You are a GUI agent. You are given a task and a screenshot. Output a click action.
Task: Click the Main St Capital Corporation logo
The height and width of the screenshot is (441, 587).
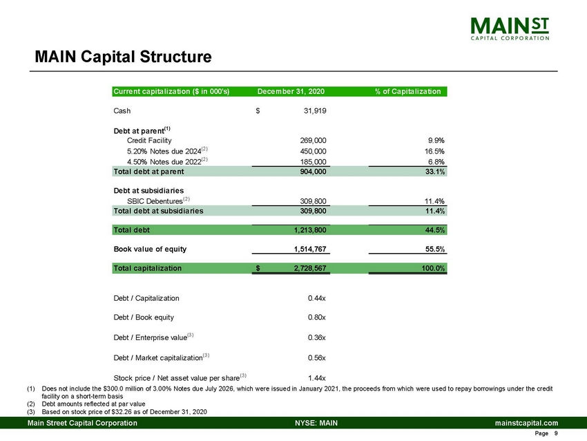point(511,28)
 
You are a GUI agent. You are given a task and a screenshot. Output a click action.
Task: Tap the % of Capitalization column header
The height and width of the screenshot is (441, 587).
point(407,91)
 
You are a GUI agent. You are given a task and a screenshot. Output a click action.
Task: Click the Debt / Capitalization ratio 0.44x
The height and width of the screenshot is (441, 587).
point(316,298)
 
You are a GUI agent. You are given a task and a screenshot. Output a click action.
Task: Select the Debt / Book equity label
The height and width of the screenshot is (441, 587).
point(143,317)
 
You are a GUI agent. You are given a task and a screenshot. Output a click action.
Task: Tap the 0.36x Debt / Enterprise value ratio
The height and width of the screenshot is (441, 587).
point(316,337)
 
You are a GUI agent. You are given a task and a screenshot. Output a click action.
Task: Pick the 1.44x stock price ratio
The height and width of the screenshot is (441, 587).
point(316,377)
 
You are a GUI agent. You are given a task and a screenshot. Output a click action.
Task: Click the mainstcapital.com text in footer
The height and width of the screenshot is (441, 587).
point(526,422)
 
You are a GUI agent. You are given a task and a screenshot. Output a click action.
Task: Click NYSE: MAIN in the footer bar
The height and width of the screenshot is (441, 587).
point(316,422)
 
